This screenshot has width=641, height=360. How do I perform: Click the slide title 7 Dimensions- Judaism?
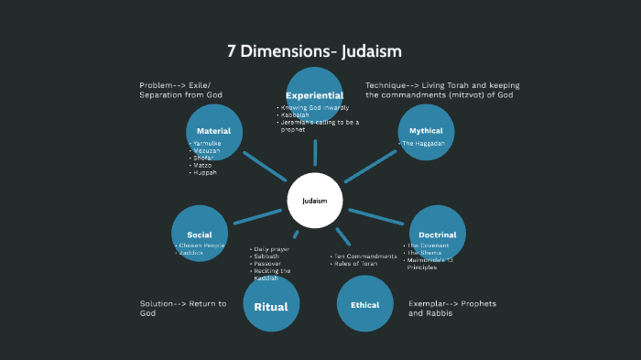[x=314, y=50]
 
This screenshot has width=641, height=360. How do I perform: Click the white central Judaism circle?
[x=314, y=201]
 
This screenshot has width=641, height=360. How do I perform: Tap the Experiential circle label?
[x=314, y=95]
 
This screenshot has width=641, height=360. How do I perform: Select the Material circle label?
[x=213, y=131]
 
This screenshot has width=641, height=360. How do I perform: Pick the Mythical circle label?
[x=426, y=131]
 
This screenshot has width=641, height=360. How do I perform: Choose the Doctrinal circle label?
[x=438, y=235]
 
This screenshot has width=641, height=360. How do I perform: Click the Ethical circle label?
[x=365, y=305]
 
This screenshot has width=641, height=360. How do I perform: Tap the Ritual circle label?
[x=271, y=307]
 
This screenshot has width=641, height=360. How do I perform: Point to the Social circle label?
[x=200, y=235]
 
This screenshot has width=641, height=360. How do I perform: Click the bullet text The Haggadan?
[x=423, y=144]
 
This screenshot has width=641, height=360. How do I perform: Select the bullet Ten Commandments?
[x=366, y=256]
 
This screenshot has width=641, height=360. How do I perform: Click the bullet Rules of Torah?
[x=356, y=264]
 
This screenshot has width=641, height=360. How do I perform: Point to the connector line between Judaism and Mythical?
[x=370, y=168]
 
